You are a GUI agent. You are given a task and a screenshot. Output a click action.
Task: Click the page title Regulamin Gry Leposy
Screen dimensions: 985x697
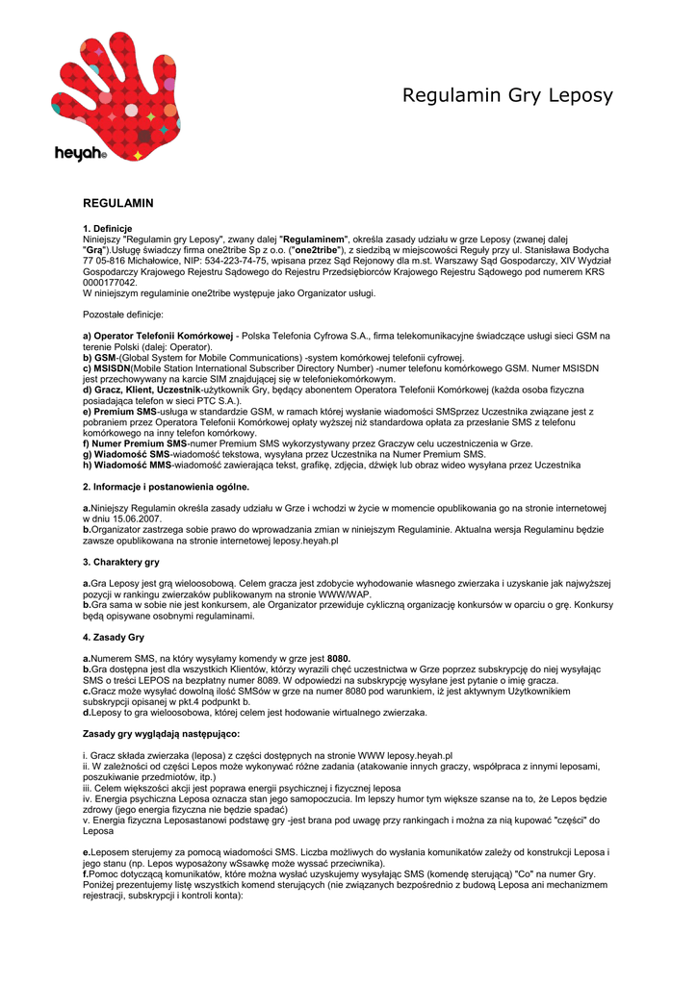507,95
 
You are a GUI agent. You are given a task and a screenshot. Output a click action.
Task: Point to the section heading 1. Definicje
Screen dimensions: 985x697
114,228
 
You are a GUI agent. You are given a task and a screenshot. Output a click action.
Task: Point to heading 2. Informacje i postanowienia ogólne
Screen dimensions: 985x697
166,487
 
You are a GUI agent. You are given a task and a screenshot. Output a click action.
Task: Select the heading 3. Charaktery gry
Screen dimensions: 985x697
121,561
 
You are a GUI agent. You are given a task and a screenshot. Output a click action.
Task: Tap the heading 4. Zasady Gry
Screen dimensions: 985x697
114,637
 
